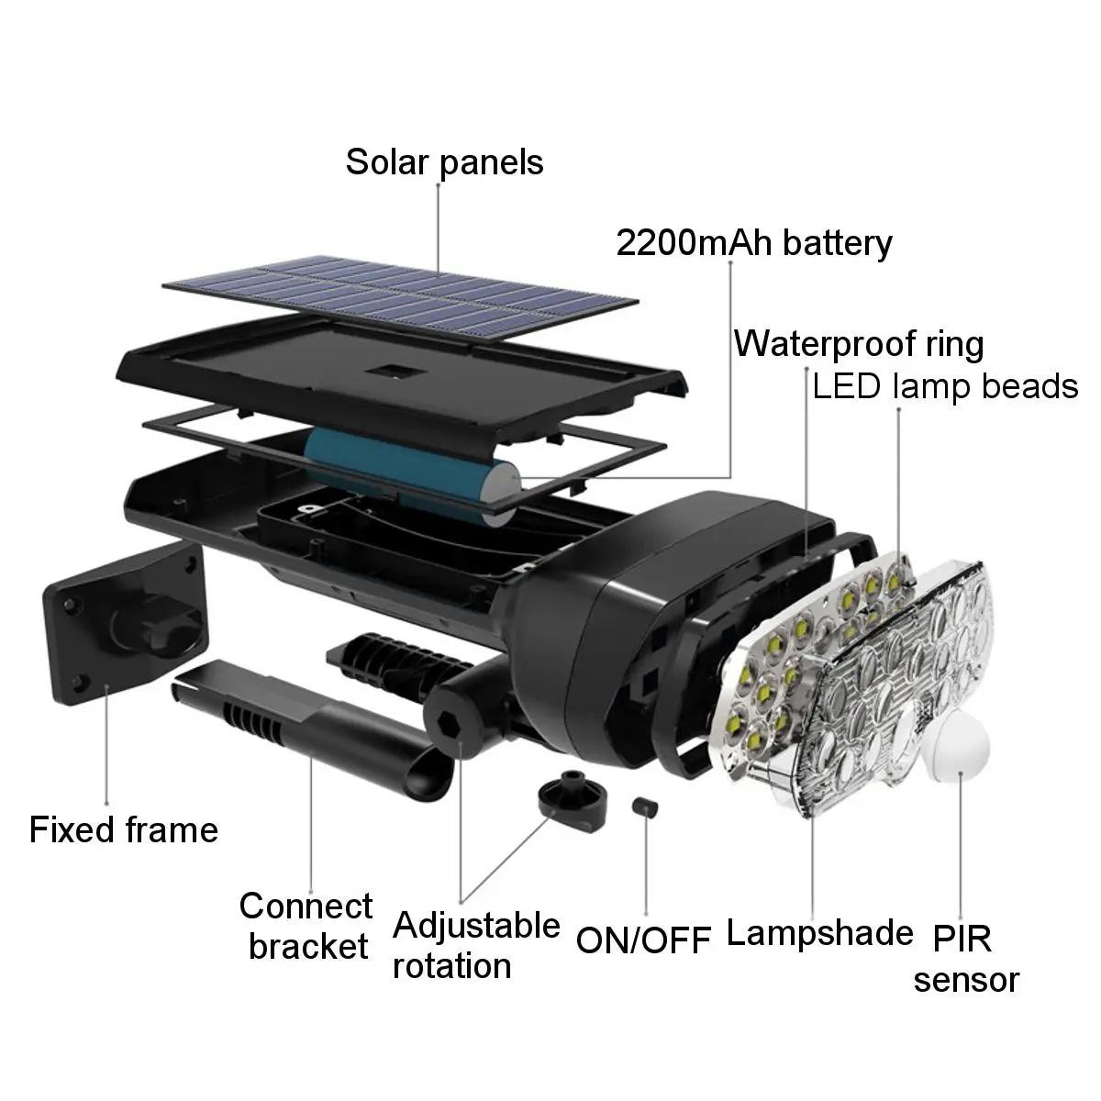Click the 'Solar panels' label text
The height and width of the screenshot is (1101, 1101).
(444, 162)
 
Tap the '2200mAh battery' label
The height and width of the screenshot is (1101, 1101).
(753, 243)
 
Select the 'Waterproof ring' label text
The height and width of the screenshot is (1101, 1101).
(859, 344)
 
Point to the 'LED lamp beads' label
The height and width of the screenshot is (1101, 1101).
(945, 386)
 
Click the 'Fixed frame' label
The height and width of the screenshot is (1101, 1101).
(124, 829)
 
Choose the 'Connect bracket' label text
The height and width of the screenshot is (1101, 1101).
(306, 926)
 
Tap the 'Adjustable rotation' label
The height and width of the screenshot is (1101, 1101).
(476, 945)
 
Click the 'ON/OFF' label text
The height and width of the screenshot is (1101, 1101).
(644, 940)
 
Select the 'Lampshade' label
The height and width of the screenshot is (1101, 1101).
(819, 933)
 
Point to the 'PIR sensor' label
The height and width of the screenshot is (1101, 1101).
(965, 959)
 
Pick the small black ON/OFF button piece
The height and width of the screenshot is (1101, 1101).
(645, 806)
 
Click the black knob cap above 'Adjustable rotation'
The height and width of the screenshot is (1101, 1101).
(569, 798)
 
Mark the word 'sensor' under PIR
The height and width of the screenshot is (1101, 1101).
(965, 980)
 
